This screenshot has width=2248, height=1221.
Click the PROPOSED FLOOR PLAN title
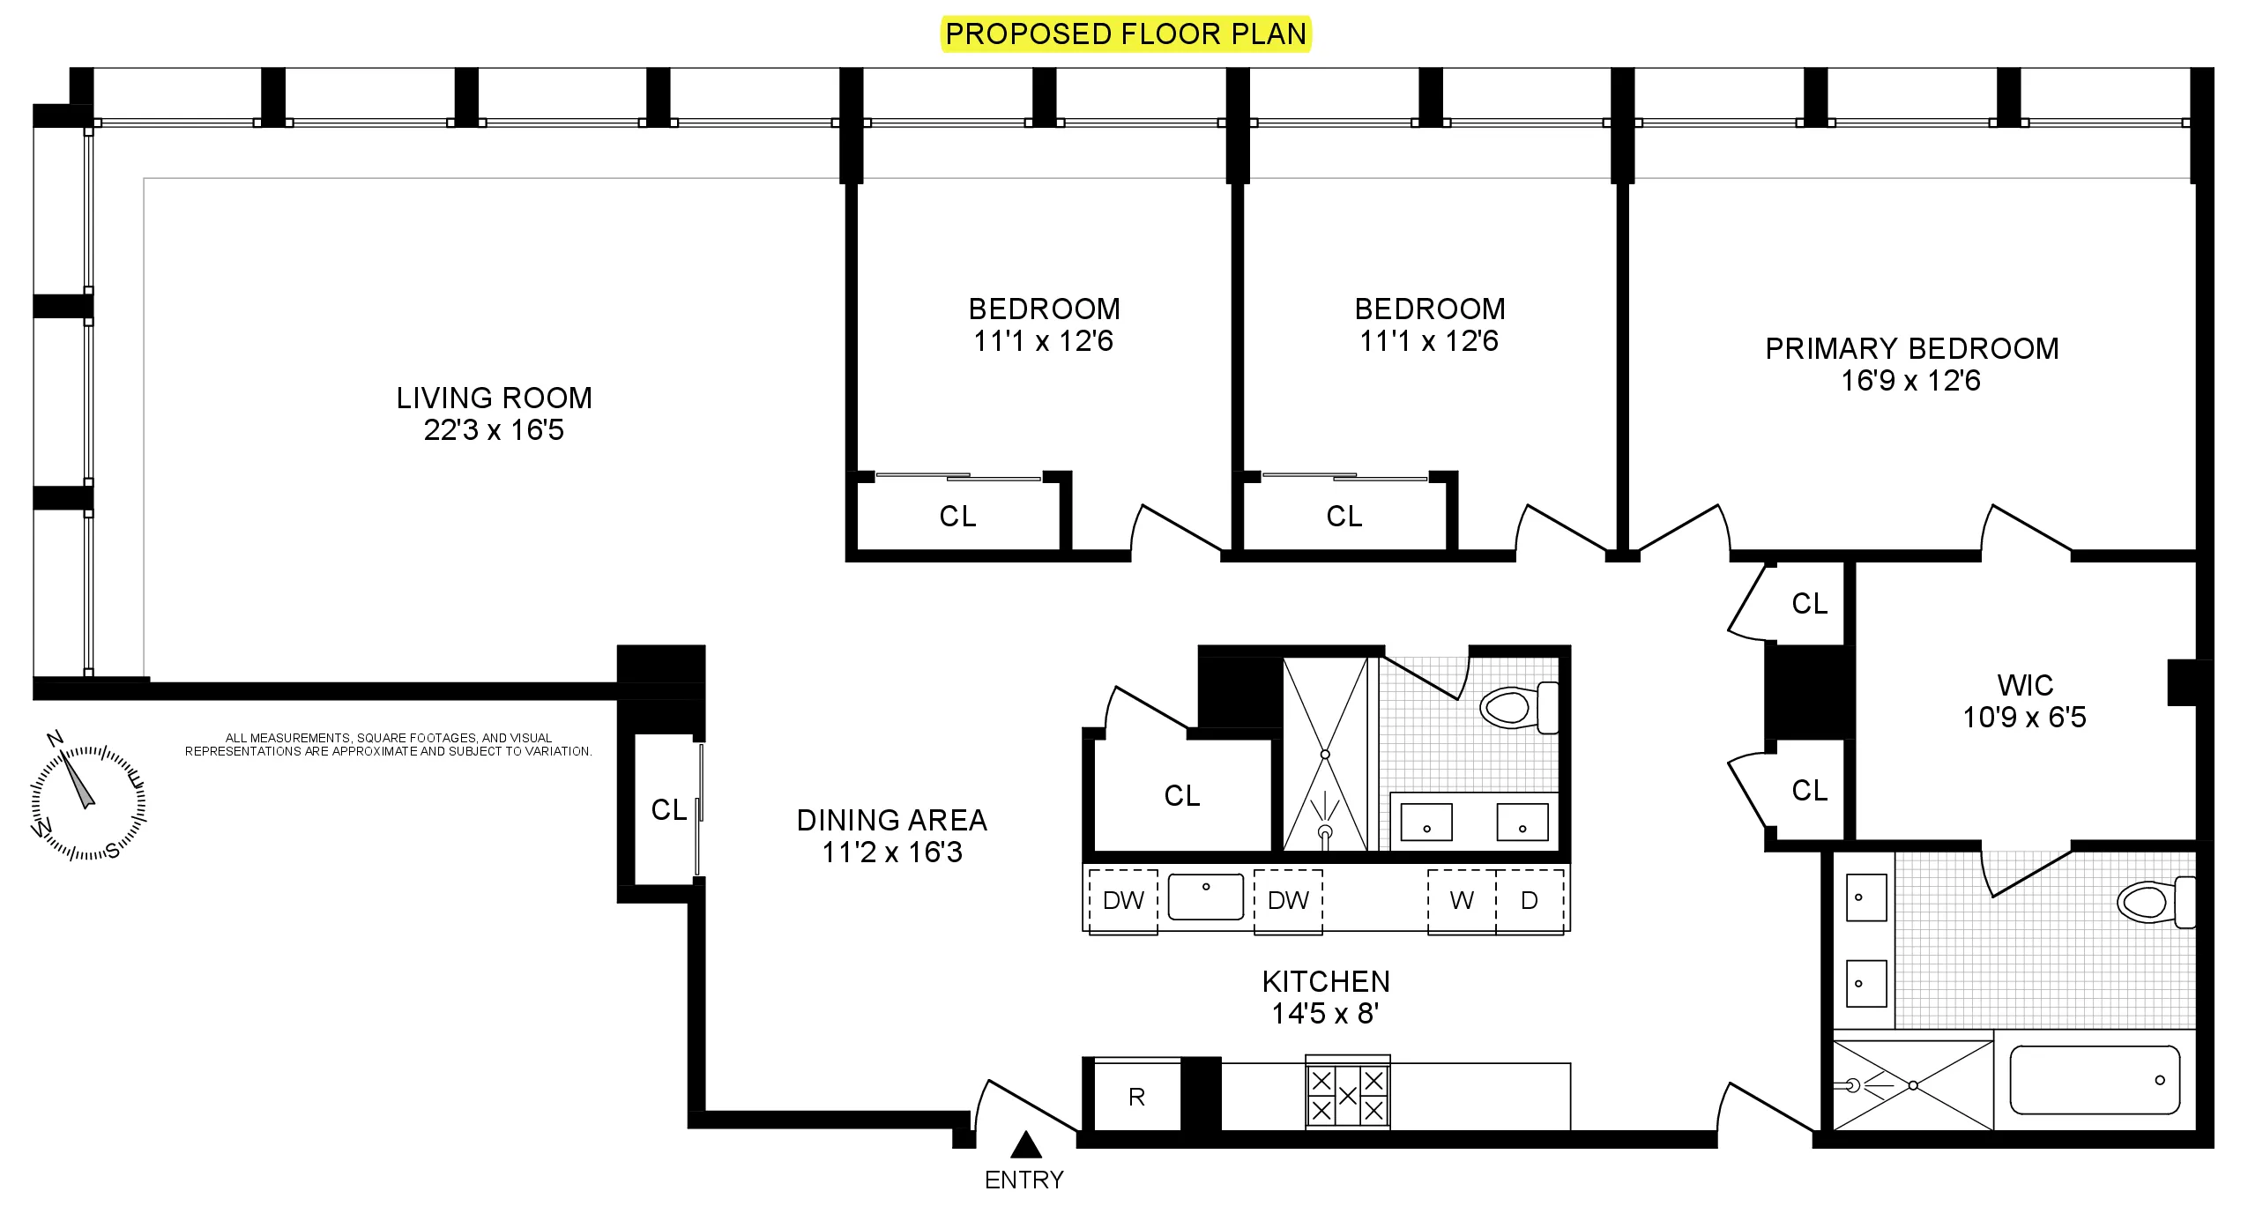[x=1125, y=34]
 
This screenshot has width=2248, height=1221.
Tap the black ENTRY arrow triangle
[x=1025, y=1145]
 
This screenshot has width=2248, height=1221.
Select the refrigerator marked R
[x=1136, y=1097]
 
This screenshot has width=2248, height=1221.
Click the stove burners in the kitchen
[x=1347, y=1096]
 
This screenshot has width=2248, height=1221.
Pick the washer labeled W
[x=1462, y=900]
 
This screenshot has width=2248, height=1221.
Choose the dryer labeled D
[x=1530, y=900]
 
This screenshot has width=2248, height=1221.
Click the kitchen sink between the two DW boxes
[x=1205, y=897]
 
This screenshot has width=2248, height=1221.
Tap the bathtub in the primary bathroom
[x=2094, y=1080]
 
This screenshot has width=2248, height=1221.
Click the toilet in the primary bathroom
[x=2151, y=902]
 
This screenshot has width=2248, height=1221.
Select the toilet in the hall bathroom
[x=1515, y=707]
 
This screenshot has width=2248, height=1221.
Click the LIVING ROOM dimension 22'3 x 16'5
[x=494, y=430]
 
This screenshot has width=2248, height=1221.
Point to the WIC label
[x=2025, y=685]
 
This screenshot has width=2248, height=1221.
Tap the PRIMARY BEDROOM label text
[x=1911, y=349]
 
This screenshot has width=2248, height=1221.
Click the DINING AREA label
[x=891, y=821]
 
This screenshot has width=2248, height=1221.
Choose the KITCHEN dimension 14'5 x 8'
[x=1325, y=1014]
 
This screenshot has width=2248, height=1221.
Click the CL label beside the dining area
[x=668, y=809]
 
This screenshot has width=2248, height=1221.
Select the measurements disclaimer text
[x=388, y=745]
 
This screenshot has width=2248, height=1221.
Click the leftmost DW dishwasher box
[x=1123, y=900]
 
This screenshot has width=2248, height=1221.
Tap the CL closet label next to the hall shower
[x=1181, y=796]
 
